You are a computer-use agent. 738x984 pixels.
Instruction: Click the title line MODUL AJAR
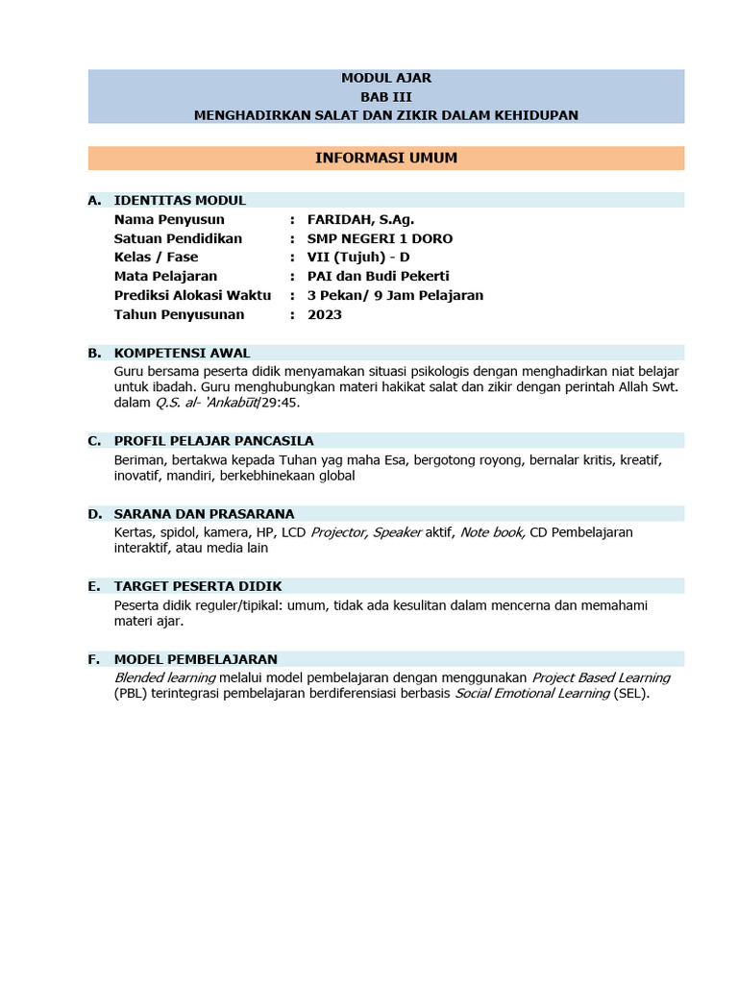(x=385, y=78)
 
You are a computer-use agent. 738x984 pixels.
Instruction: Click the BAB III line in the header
(x=385, y=97)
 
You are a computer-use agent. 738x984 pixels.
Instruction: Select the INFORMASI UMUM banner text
(x=385, y=158)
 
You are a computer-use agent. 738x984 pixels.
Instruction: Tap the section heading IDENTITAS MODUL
(x=180, y=201)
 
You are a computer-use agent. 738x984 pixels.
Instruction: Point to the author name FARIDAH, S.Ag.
(x=360, y=220)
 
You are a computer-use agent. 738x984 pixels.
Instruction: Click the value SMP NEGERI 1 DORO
(x=380, y=238)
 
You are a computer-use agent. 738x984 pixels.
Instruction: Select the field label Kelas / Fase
(x=156, y=258)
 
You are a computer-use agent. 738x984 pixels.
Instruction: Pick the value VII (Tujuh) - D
(x=358, y=258)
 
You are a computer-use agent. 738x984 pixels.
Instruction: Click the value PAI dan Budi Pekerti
(x=378, y=277)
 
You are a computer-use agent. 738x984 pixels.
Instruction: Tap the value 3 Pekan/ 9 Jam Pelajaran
(x=395, y=295)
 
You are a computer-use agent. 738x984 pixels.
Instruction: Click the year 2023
(x=325, y=314)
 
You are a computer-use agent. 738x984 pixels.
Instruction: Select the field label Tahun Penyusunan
(x=179, y=314)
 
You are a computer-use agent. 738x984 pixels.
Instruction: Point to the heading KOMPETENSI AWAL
(x=182, y=353)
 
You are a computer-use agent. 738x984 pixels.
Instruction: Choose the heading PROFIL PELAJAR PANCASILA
(x=213, y=441)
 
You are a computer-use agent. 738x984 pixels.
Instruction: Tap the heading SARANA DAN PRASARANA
(x=204, y=514)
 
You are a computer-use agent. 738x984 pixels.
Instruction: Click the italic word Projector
(x=338, y=532)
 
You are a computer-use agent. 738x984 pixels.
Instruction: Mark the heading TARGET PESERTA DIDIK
(x=198, y=586)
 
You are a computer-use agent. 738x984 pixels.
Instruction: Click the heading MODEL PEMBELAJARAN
(x=195, y=659)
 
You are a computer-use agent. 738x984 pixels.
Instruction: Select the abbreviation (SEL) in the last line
(x=630, y=694)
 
